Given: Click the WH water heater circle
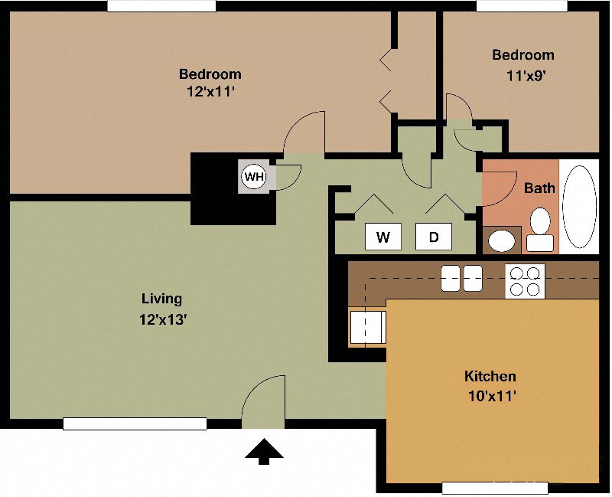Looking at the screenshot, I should pyautogui.click(x=253, y=177).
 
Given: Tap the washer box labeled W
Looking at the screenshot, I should pyautogui.click(x=383, y=237).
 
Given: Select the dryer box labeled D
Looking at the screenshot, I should pyautogui.click(x=434, y=237).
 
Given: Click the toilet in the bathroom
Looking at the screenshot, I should pyautogui.click(x=542, y=229).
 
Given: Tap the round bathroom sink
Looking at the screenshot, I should pyautogui.click(x=502, y=241).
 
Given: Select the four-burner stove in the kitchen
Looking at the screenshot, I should pyautogui.click(x=525, y=280).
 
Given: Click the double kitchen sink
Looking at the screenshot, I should pyautogui.click(x=461, y=278).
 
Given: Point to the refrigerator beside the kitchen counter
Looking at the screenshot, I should pyautogui.click(x=367, y=327).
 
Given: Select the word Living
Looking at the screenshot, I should pyautogui.click(x=162, y=299).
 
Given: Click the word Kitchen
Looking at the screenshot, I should pyautogui.click(x=490, y=376).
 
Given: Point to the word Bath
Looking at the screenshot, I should pyautogui.click(x=539, y=187).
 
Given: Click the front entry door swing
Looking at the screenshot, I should pyautogui.click(x=264, y=402).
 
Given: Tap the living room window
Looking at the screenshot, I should pyautogui.click(x=135, y=423).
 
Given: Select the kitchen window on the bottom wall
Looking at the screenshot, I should pyautogui.click(x=495, y=487).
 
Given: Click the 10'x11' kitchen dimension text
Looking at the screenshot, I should pyautogui.click(x=490, y=396).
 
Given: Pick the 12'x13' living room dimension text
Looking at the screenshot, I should pyautogui.click(x=162, y=319).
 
